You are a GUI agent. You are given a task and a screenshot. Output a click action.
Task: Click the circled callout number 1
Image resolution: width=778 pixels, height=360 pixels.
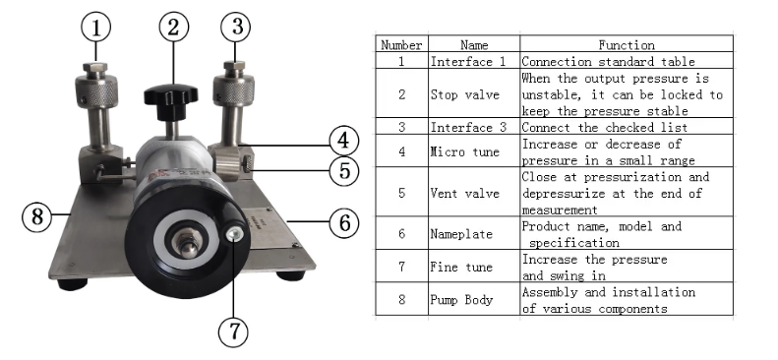(96, 28)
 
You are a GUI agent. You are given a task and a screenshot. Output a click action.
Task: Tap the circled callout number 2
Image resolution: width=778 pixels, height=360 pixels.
(174, 27)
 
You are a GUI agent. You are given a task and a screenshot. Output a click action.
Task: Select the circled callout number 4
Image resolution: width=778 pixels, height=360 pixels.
(344, 141)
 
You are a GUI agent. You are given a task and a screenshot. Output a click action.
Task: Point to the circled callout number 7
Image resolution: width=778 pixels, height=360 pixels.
(234, 330)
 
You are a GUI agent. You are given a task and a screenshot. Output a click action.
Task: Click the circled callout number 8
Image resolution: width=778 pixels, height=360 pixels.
(37, 216)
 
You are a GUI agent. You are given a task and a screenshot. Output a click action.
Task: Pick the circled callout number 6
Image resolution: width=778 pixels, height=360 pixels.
(344, 221)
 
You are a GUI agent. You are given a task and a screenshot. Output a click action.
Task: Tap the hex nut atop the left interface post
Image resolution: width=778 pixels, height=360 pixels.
(95, 68)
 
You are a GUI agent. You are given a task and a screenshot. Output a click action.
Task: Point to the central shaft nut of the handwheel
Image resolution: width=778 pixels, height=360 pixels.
(188, 242)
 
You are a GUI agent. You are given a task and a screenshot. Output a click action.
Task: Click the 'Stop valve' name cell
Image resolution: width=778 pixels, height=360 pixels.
(474, 93)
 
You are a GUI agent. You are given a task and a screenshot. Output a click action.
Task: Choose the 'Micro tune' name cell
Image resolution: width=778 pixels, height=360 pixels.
(474, 150)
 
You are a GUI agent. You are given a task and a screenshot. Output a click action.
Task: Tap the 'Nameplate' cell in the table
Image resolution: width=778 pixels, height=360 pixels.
(474, 233)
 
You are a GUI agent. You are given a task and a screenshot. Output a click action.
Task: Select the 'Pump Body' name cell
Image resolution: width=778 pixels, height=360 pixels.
(474, 299)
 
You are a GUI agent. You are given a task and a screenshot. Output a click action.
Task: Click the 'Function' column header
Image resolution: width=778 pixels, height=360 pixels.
(627, 43)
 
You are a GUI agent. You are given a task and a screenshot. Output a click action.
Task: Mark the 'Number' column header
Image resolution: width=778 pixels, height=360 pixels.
(401, 43)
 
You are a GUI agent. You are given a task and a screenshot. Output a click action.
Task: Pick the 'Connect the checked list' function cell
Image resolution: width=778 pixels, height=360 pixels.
(627, 127)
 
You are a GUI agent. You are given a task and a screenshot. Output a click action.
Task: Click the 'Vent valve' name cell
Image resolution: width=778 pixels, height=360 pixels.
(474, 192)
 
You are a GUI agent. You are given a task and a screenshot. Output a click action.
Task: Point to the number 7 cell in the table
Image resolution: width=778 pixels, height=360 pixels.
(401, 267)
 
